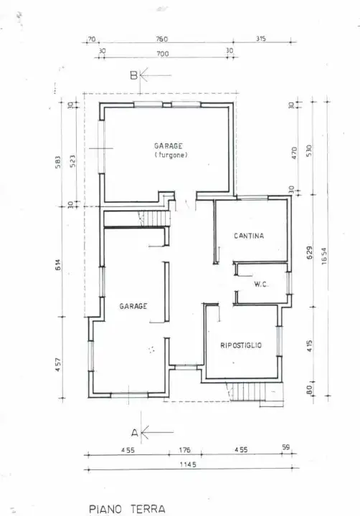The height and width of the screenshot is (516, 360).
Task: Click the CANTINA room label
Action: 249,236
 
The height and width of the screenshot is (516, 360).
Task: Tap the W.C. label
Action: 260,285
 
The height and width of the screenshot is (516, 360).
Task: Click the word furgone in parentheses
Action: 171,155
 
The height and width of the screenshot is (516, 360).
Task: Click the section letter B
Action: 133,75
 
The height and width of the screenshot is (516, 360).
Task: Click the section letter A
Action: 133,432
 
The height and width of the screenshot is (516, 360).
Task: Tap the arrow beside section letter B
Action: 156,75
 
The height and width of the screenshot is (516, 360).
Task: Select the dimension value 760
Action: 161,39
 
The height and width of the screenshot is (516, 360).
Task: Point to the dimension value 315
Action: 260,39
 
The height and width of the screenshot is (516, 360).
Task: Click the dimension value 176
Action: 186,450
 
